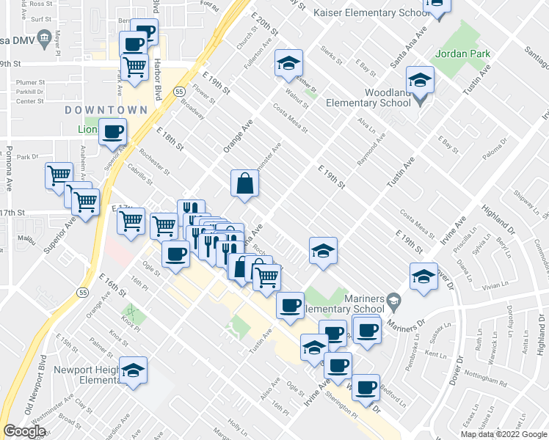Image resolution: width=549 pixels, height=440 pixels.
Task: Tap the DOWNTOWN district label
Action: click(x=106, y=109)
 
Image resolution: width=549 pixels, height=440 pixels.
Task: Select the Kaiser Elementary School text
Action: click(x=371, y=12)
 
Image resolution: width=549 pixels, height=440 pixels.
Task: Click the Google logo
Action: click(x=24, y=431)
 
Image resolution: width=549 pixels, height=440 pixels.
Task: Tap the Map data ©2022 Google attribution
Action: click(x=504, y=434)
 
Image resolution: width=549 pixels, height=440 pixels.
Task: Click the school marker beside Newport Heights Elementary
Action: click(x=134, y=370)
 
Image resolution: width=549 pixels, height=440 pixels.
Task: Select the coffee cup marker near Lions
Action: click(x=112, y=132)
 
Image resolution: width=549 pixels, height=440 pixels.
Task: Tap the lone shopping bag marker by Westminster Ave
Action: click(x=244, y=185)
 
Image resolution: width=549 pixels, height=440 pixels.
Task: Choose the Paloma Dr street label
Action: click(x=495, y=148)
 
